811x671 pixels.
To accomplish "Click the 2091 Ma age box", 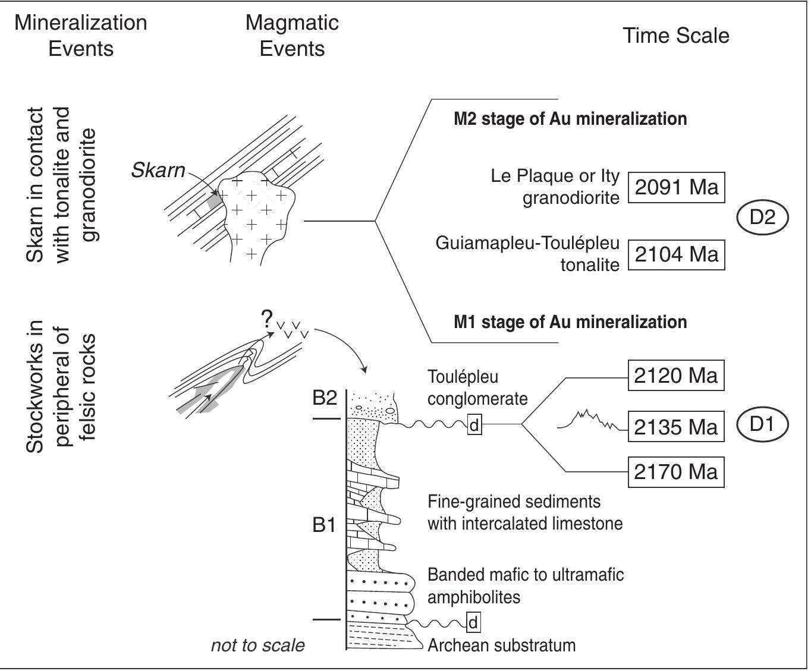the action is pos(676,188).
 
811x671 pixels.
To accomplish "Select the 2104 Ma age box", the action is pos(676,255).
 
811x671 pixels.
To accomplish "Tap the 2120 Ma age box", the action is pos(676,376).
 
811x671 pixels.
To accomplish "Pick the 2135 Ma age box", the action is pos(676,427).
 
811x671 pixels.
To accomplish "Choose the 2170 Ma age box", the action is pos(676,472).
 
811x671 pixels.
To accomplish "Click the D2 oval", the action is pos(762,217).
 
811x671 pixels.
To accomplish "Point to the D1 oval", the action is pos(762,424).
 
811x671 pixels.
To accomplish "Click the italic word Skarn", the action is pos(158,171).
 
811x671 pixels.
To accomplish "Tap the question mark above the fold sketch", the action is pos(267,319).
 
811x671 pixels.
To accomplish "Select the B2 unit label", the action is pos(325,398).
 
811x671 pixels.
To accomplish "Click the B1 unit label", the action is pos(324,525).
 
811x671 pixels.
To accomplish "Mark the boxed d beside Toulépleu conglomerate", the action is pos(474,425).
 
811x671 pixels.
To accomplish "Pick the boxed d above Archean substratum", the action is pos(473,622).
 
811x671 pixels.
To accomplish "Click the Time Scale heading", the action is pos(676,36).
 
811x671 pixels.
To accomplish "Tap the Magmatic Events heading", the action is pos(292,36).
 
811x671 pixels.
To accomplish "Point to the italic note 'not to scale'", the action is pos(258,645).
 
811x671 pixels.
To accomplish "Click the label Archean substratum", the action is pos(502,646).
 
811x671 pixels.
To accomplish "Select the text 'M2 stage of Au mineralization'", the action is pos(570,119).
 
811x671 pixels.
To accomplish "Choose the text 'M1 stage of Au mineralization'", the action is pos(570,322).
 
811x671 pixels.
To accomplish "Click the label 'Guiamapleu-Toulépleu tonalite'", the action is pos(527,254).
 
